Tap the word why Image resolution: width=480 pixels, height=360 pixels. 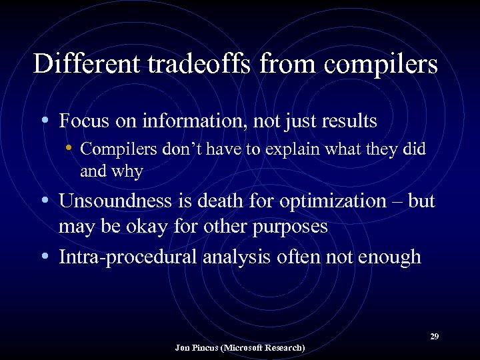(129, 172)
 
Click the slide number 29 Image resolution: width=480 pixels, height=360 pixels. (434, 336)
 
